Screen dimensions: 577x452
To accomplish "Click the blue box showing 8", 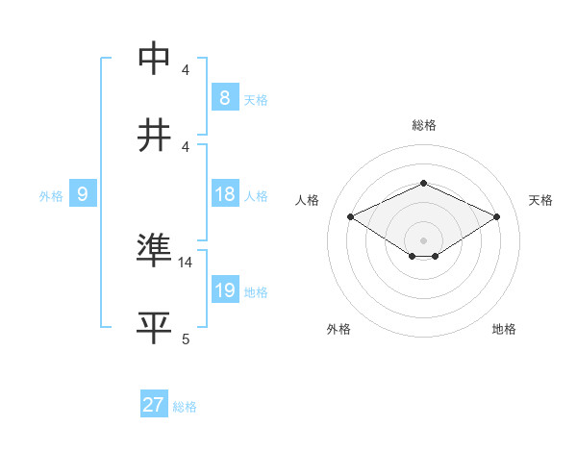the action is click(224, 97).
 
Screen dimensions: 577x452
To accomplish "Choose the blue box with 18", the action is click(224, 194).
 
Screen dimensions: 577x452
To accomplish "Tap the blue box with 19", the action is click(224, 290).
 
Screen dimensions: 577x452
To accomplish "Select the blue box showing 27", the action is click(153, 405).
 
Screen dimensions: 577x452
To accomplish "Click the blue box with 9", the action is click(83, 194).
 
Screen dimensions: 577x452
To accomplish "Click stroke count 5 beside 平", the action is click(186, 339).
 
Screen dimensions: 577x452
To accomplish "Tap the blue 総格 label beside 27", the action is click(185, 407).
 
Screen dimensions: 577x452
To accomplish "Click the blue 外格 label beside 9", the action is click(51, 196).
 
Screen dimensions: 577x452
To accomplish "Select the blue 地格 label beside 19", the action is click(256, 292).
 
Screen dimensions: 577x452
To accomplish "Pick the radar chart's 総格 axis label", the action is click(423, 125).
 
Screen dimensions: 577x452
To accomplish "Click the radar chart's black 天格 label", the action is click(540, 200).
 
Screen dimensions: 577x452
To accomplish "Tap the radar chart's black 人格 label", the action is click(308, 200).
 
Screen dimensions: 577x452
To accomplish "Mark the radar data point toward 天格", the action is click(496, 216).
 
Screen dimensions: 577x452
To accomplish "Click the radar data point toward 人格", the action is click(350, 216).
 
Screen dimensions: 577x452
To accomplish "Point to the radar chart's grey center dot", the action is click(423, 239).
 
